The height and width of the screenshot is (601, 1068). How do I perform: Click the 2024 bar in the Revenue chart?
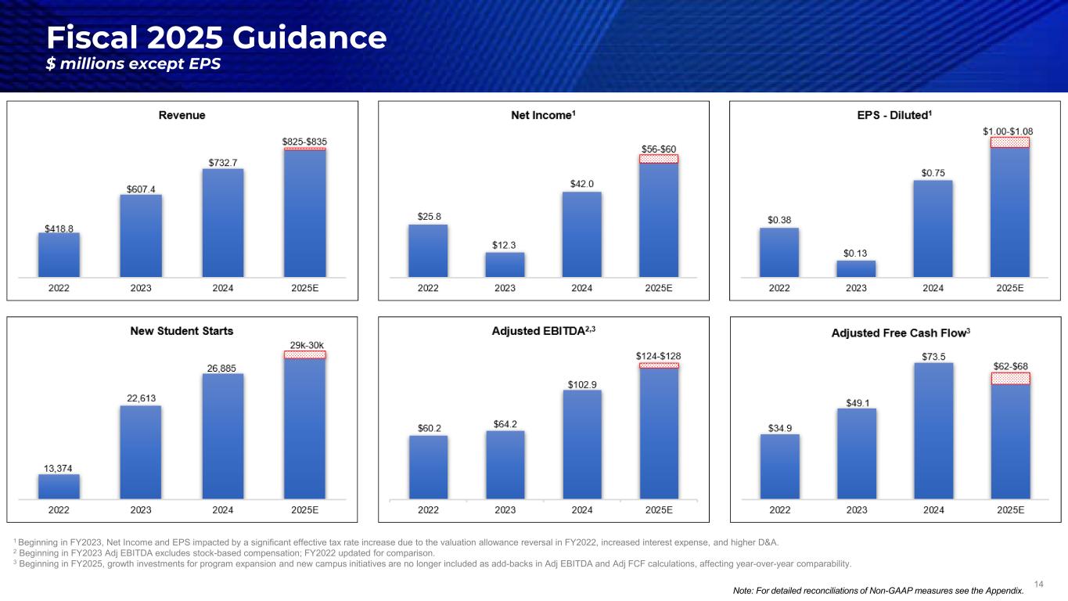coord(222,222)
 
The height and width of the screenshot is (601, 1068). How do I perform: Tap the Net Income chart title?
coord(543,115)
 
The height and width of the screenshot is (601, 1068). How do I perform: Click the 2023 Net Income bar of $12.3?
coord(505,265)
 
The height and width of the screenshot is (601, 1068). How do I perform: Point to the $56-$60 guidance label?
coord(658,149)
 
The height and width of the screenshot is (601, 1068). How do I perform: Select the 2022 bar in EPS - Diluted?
coord(779,252)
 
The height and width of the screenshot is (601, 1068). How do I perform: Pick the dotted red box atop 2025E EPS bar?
coord(1009,142)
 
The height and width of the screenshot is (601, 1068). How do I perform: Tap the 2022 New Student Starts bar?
coord(59,486)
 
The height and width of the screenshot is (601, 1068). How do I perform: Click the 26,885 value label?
coord(222,367)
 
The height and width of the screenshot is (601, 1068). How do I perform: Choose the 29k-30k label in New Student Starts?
coord(305,344)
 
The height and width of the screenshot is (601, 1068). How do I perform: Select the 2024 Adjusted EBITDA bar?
coord(581,444)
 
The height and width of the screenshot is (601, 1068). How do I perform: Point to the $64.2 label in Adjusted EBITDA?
coord(505,424)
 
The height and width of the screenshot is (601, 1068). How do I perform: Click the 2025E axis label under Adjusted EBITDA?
coord(658,509)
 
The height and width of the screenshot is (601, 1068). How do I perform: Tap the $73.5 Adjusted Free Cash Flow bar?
coord(933,430)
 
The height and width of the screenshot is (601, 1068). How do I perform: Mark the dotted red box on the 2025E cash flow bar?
coord(1009,378)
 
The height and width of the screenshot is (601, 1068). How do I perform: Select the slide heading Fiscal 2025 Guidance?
coord(216,38)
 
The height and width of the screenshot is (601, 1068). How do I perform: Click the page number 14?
coord(1038,584)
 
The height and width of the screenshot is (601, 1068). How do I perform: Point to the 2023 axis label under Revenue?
coord(141,288)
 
